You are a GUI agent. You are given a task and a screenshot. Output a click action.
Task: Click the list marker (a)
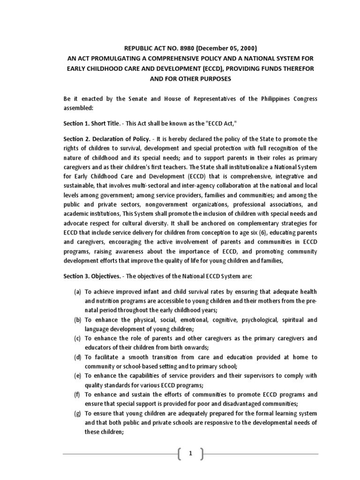[78, 292]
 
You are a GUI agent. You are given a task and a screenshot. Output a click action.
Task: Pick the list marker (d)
[78, 357]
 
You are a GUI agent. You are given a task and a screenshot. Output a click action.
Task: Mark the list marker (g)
[78, 413]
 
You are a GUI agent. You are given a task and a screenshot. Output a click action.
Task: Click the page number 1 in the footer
[191, 454]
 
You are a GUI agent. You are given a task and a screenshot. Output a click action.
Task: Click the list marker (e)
[78, 376]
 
